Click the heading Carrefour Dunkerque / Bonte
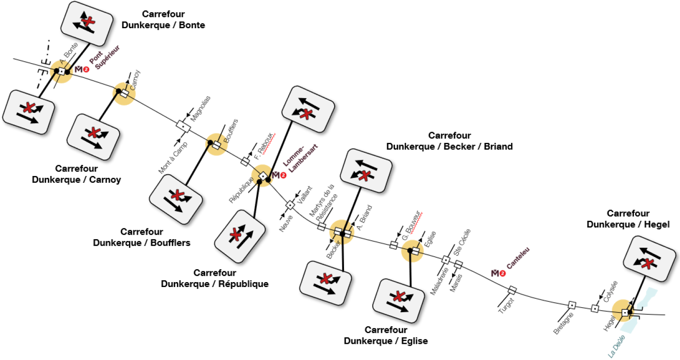click(163, 20)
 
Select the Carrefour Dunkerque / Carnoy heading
click(76, 174)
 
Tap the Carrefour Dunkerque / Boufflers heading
click(142, 237)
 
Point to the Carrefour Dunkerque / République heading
click(215, 278)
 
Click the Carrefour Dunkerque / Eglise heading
click(386, 335)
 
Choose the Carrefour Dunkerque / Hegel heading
click(628, 219)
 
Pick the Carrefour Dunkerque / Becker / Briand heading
click(449, 141)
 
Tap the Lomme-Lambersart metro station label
click(300, 158)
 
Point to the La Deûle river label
click(616, 346)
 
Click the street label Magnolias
click(200, 109)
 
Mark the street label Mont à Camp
click(173, 158)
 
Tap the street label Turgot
click(506, 306)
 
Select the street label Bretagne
click(564, 323)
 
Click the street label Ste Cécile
click(462, 242)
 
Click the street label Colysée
click(610, 291)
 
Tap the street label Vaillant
click(305, 195)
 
